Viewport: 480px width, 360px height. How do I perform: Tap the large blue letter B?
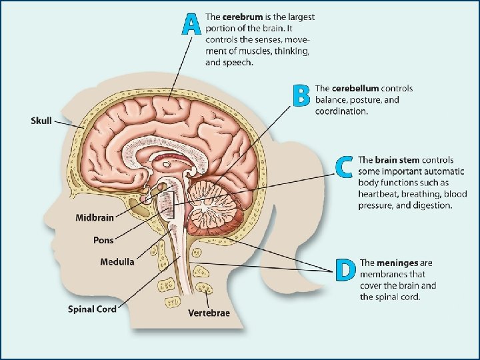(301, 95)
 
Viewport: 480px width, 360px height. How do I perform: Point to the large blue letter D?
(345, 270)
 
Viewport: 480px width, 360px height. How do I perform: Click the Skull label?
(41, 121)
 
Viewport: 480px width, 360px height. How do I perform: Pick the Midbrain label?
(95, 217)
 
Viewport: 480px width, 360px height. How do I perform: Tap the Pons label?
(103, 240)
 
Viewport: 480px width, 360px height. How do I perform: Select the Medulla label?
(117, 261)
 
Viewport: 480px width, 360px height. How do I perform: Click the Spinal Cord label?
(92, 309)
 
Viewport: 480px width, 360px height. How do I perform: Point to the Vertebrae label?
(209, 313)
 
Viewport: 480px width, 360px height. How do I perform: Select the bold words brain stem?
(395, 160)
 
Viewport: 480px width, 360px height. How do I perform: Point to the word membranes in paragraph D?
(383, 275)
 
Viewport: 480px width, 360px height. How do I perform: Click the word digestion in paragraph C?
(431, 205)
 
